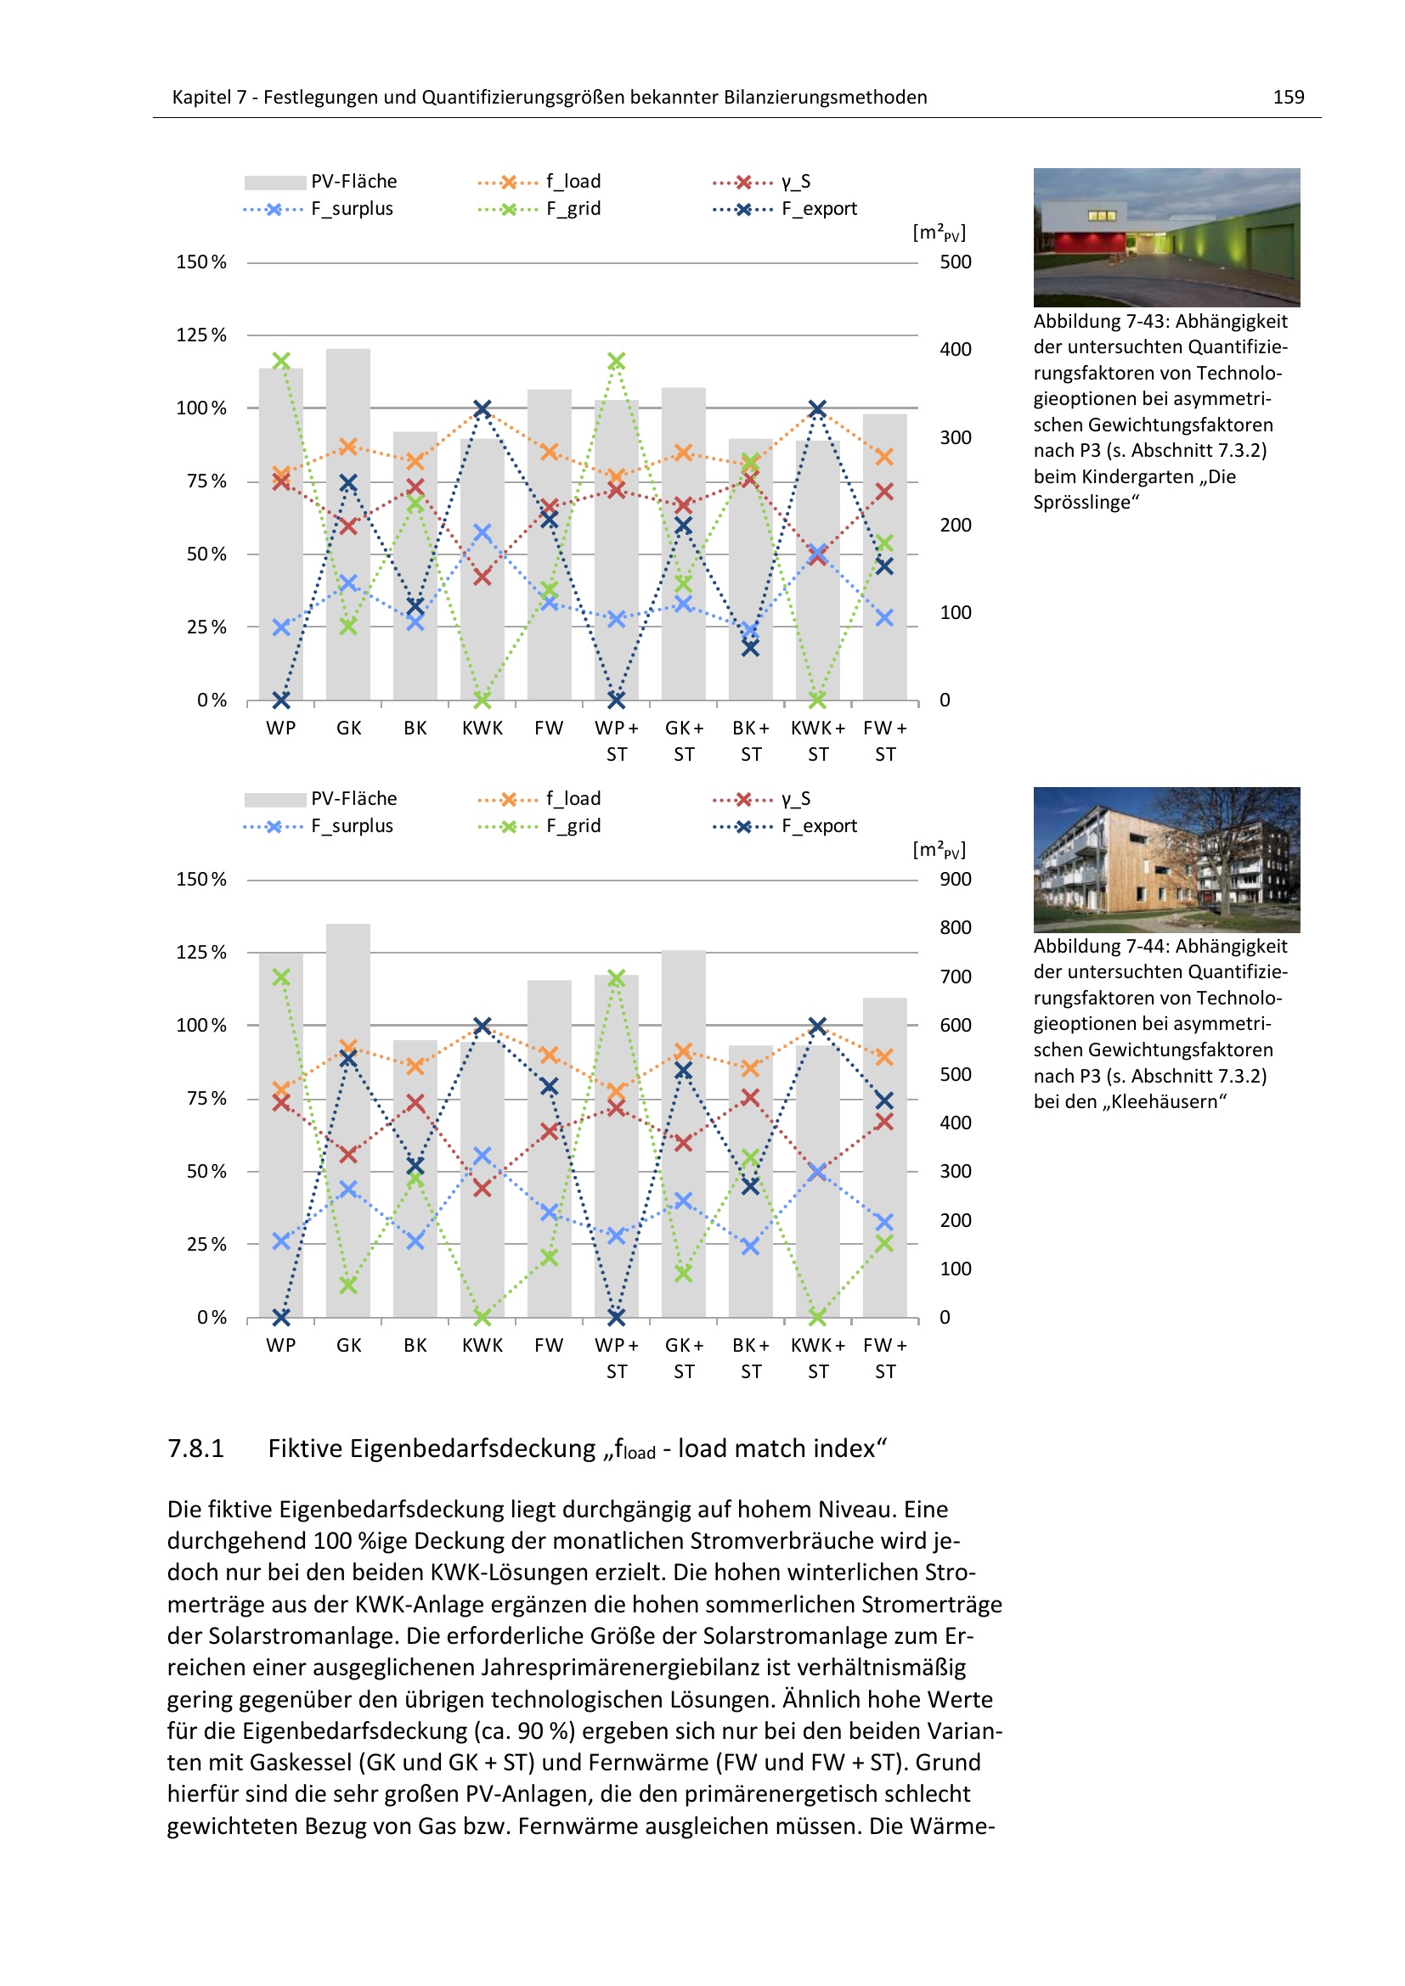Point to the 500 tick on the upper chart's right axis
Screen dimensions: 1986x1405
[x=955, y=262]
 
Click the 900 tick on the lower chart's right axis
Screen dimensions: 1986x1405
[x=955, y=879]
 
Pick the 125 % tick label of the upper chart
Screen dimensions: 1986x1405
[x=200, y=335]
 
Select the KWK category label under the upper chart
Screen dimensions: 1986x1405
[x=482, y=729]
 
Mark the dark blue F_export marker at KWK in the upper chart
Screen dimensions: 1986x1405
[x=482, y=408]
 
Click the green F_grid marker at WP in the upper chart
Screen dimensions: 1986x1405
[x=281, y=361]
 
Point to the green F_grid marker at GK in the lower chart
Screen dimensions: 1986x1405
[x=347, y=1286]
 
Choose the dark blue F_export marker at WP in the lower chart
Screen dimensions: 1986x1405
[x=281, y=1318]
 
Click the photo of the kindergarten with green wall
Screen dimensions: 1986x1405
[x=1166, y=237]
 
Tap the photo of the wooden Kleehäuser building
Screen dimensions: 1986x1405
[x=1166, y=859]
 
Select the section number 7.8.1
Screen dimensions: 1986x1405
[x=195, y=1449]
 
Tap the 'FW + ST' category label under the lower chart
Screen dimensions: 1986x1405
[x=884, y=1358]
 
